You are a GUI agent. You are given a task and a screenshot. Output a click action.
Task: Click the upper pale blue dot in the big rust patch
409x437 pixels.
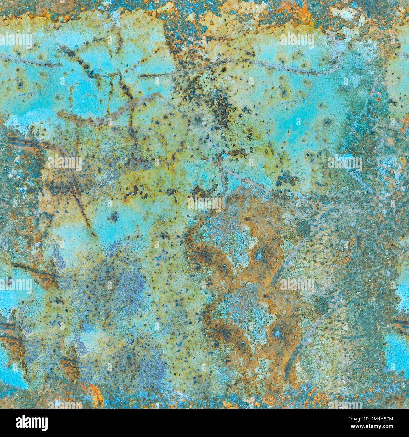[x=259, y=256]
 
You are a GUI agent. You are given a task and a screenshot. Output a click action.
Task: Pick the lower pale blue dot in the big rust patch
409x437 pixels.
[x=277, y=332]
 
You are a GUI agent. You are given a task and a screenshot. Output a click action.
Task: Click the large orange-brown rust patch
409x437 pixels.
[x=239, y=283]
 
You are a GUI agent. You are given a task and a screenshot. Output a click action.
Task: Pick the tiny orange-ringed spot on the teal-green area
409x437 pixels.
[x=377, y=99]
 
